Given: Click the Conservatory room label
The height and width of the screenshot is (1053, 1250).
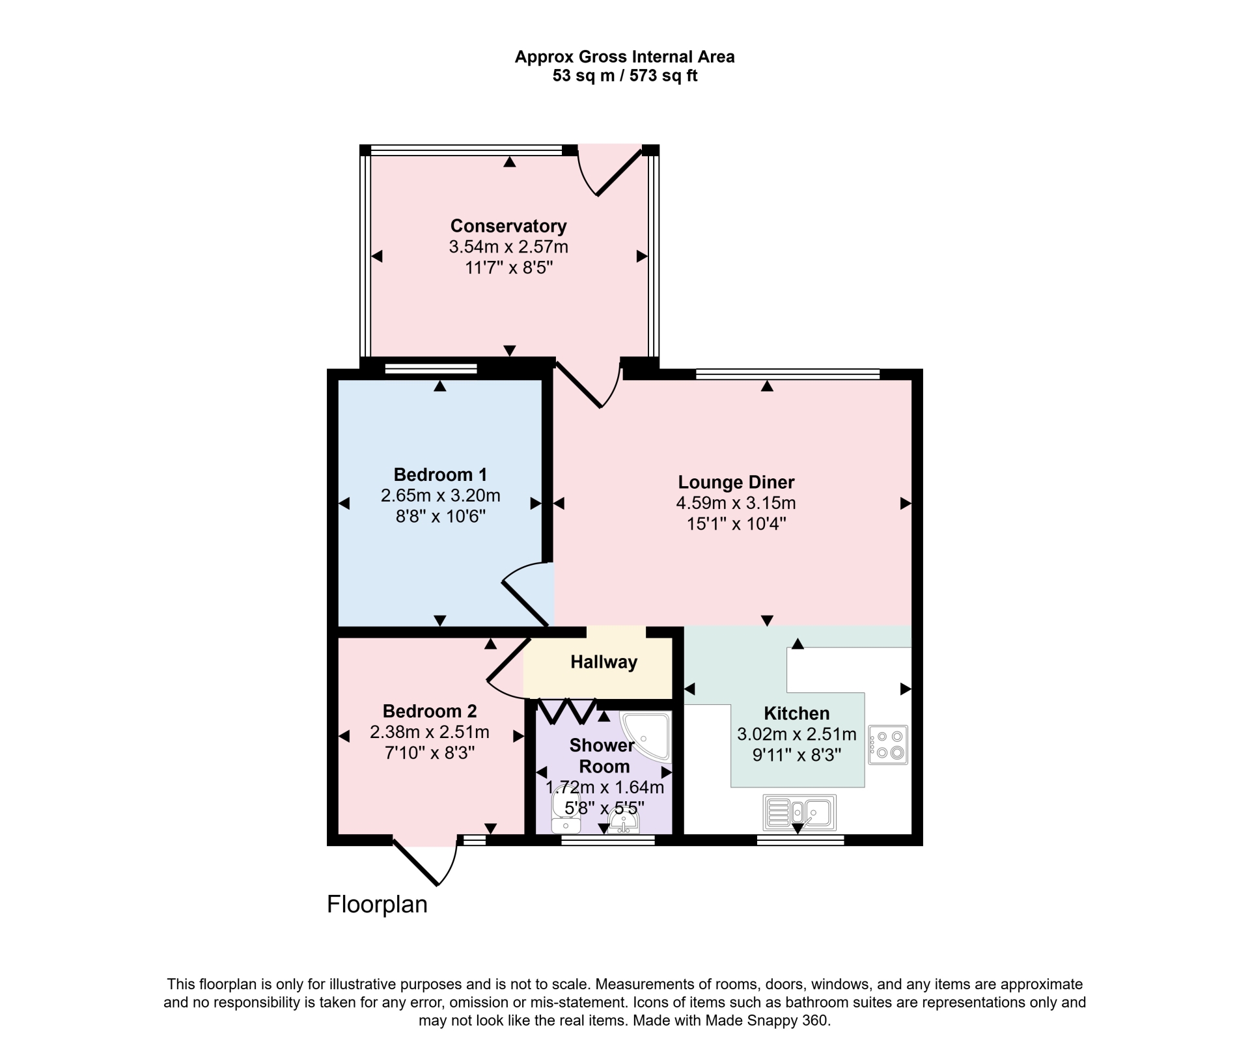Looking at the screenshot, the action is pyautogui.click(x=508, y=226).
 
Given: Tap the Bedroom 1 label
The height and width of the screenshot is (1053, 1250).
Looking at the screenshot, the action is pyautogui.click(x=440, y=474).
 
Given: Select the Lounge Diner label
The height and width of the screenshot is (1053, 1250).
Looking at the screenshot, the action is pyautogui.click(x=736, y=482).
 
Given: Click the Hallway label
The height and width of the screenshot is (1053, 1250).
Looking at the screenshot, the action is pyautogui.click(x=604, y=663).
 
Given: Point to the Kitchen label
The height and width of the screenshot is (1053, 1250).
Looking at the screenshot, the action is pyautogui.click(x=797, y=713).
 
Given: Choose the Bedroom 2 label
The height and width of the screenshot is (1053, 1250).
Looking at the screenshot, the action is pyautogui.click(x=430, y=711).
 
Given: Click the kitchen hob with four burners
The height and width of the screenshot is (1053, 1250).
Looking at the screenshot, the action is pyautogui.click(x=888, y=745).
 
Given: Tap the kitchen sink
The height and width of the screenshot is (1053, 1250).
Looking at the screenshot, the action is pyautogui.click(x=799, y=812).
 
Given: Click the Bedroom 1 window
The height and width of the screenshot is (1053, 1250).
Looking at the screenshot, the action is pyautogui.click(x=431, y=370).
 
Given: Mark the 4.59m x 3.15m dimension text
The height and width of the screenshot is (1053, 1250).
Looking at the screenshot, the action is pyautogui.click(x=736, y=503).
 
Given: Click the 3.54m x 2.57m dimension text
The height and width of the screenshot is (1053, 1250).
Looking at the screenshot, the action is pyautogui.click(x=508, y=247).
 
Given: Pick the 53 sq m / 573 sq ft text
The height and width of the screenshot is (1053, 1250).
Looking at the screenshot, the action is pyautogui.click(x=625, y=76).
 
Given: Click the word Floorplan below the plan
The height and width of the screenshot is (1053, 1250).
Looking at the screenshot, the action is pyautogui.click(x=377, y=905).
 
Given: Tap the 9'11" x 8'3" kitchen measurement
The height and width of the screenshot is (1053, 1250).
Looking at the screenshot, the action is pyautogui.click(x=797, y=755).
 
